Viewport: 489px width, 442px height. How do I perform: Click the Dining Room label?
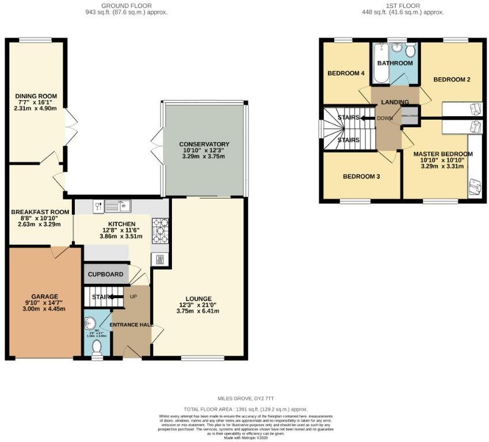(36, 96)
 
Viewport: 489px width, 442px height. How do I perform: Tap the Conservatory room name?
(204, 144)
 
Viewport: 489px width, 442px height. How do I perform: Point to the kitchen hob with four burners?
(160, 230)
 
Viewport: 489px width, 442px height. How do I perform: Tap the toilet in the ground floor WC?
(97, 346)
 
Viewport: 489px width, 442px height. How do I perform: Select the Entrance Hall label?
(132, 325)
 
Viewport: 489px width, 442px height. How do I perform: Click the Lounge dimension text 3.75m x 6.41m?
(198, 311)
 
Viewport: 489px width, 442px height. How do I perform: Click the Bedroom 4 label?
(346, 74)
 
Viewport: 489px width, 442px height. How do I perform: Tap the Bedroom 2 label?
(452, 79)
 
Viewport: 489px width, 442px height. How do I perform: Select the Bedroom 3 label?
(361, 177)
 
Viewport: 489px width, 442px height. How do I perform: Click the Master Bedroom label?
(443, 154)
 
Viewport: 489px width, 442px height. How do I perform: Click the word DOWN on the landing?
(384, 119)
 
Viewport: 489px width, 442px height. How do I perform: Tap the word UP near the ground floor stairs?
(134, 296)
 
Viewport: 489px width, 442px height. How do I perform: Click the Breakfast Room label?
(40, 212)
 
